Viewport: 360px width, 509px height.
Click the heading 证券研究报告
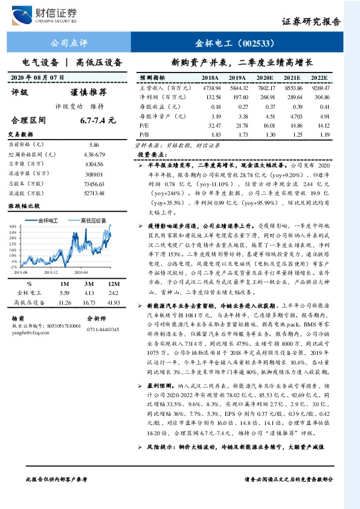pos(311,22)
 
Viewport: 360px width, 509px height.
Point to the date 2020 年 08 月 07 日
pos(37,77)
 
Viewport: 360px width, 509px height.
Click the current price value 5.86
pos(94,145)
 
